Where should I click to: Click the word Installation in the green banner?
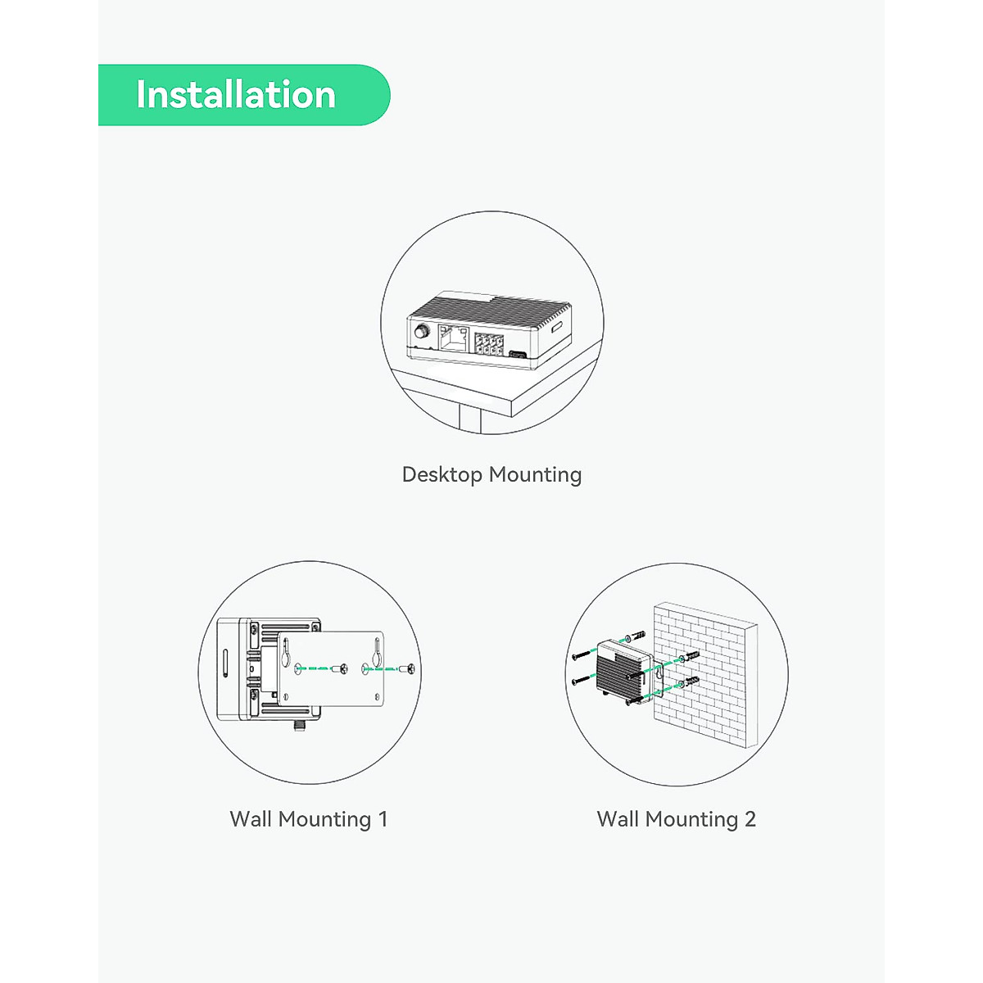tap(236, 95)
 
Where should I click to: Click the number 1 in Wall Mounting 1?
tap(383, 819)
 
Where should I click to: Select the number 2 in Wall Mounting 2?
tap(750, 819)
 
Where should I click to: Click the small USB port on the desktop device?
tap(518, 355)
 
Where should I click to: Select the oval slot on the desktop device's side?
tap(556, 328)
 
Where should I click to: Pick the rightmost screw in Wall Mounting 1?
tap(410, 669)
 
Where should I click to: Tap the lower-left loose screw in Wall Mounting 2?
tap(582, 680)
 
